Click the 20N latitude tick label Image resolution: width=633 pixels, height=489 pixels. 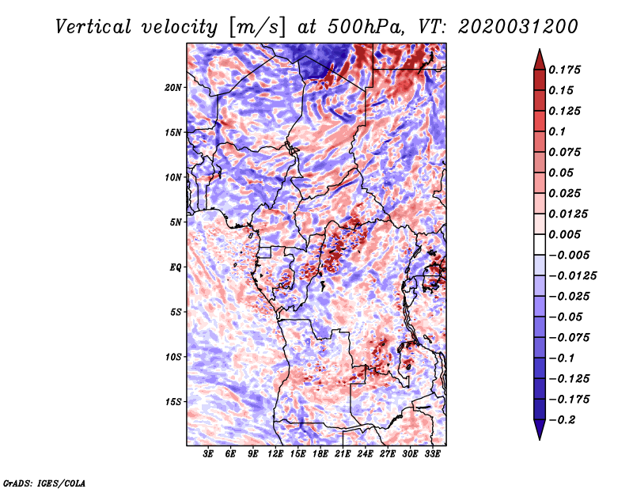click(173, 87)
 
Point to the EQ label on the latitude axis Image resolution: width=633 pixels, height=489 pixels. click(176, 267)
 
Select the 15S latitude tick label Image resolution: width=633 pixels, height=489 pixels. click(173, 401)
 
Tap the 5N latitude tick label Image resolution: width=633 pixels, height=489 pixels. click(176, 222)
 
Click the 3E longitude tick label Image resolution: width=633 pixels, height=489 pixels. click(208, 455)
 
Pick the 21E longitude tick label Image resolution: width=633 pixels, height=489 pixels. click(343, 455)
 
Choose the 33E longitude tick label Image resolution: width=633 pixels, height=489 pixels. click(432, 455)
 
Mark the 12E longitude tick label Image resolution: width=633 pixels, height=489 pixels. click(275, 455)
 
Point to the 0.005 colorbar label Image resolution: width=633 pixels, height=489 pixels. click(567, 234)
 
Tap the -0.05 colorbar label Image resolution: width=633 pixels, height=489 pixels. click(567, 317)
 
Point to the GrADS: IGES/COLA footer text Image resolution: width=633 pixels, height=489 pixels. click(44, 482)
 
